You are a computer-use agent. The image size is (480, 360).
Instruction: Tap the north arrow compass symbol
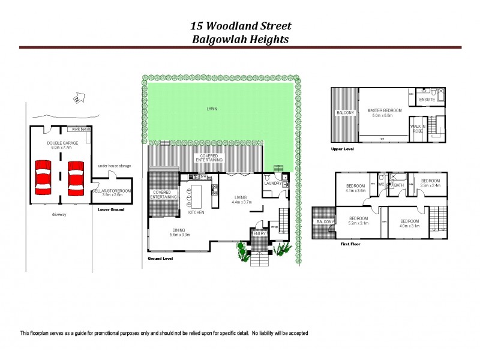(x=77, y=97)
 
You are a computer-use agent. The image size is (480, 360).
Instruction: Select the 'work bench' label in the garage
(x=80, y=130)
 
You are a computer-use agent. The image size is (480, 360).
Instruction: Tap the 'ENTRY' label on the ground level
(x=259, y=233)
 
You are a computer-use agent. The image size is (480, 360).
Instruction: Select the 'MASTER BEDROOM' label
(x=384, y=110)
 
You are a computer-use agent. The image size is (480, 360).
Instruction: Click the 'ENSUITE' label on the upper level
(x=427, y=99)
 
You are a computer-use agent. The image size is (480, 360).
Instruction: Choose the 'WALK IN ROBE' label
(x=418, y=128)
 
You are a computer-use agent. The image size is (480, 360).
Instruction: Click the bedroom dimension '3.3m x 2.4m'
(x=430, y=185)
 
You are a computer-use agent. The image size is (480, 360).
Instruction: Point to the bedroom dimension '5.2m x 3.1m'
(x=359, y=223)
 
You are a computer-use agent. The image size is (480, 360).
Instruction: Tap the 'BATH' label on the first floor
(x=398, y=185)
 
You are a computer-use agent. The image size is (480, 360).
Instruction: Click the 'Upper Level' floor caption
(x=343, y=148)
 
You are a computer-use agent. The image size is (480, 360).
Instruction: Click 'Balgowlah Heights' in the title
(x=240, y=40)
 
